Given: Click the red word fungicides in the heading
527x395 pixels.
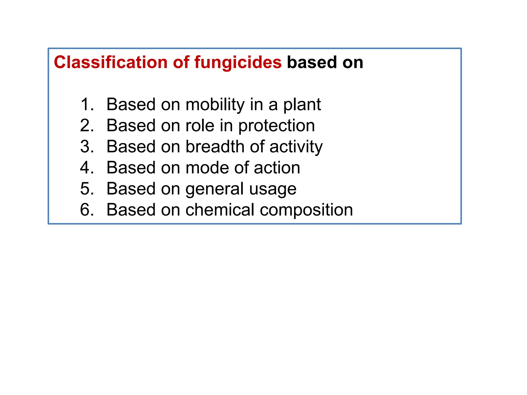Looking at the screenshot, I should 238,62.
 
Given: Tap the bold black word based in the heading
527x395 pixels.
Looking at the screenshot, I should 312,62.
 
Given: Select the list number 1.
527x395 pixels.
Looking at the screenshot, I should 87,104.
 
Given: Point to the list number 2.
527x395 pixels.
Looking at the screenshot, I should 87,125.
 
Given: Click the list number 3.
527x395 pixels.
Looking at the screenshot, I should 87,147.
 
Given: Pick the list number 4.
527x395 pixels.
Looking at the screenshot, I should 87,168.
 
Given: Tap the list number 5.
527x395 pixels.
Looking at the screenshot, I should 87,189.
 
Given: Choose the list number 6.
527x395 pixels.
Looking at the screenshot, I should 87,210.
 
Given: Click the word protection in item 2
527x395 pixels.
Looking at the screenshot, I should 276,126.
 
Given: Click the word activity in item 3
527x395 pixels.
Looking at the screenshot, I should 296,147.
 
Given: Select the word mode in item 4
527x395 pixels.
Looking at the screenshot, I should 207,168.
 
